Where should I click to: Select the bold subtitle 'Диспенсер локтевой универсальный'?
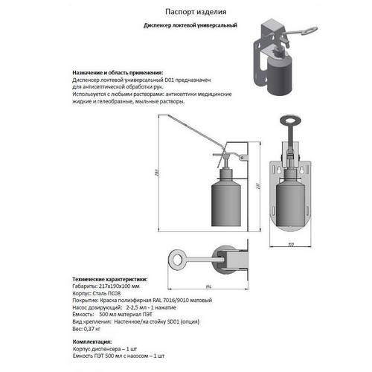click(190, 26)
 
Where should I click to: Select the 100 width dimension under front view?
click(291, 243)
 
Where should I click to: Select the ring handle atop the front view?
click(288, 122)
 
